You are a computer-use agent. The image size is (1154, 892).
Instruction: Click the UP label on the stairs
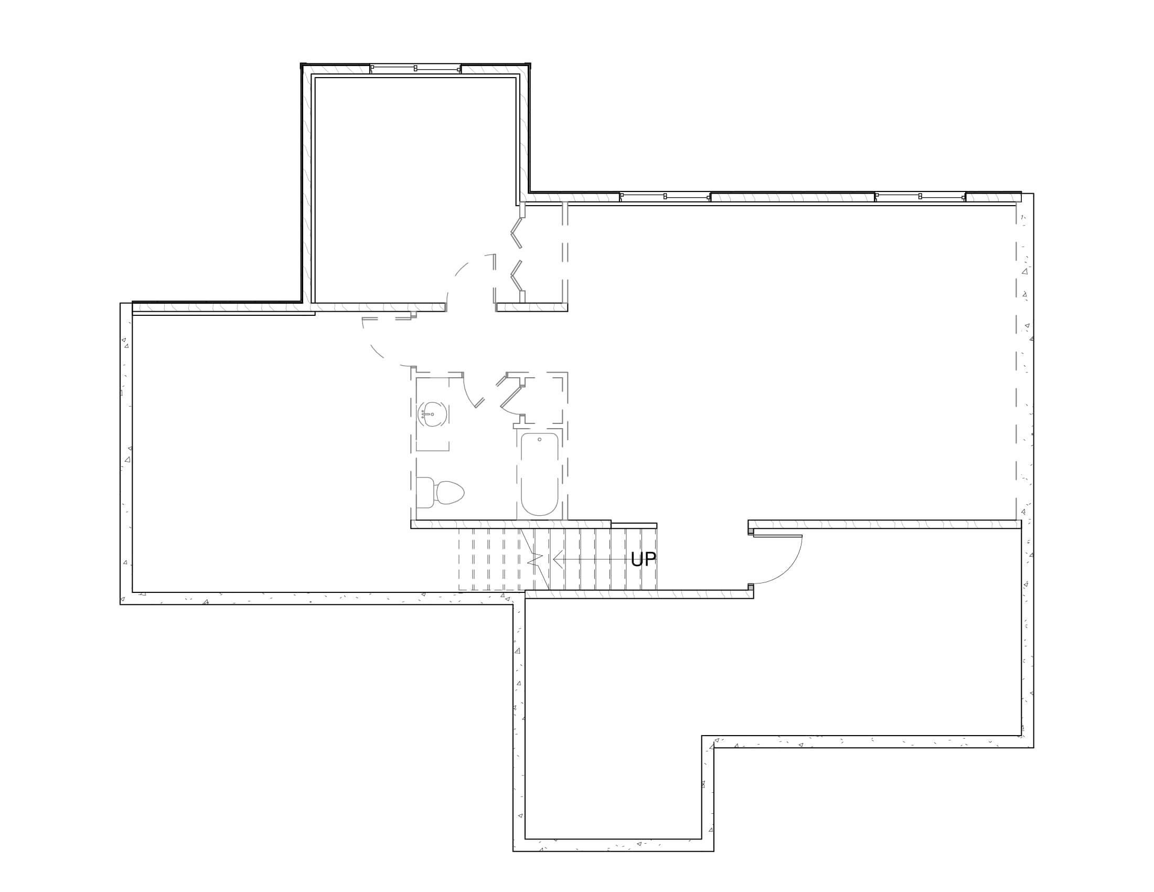pyautogui.click(x=643, y=559)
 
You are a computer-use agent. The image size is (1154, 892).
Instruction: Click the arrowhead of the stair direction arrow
pyautogui.click(x=558, y=559)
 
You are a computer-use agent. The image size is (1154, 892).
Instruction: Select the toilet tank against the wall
pyautogui.click(x=425, y=493)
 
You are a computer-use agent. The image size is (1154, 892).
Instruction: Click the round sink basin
pyautogui.click(x=433, y=415)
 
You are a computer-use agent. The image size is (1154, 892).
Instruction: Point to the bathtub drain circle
pyautogui.click(x=539, y=439)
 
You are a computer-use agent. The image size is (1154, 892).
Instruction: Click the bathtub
pyautogui.click(x=539, y=474)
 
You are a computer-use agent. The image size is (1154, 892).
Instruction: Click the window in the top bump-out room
pyautogui.click(x=415, y=69)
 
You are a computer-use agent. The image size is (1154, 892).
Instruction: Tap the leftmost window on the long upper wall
pyautogui.click(x=665, y=197)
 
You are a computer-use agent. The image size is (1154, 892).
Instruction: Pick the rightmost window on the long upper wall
pyautogui.click(x=920, y=197)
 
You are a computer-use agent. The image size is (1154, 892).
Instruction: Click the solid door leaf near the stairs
pyautogui.click(x=777, y=536)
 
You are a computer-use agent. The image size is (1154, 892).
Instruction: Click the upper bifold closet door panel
pyautogui.click(x=516, y=232)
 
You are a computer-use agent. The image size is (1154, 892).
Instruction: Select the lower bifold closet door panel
pyautogui.click(x=516, y=276)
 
